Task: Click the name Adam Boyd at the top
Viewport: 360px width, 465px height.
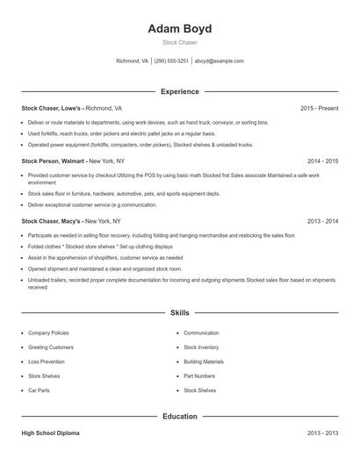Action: [179, 28]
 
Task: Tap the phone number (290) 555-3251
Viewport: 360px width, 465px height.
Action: [171, 61]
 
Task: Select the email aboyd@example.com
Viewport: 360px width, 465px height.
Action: [219, 61]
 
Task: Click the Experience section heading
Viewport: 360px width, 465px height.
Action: [179, 91]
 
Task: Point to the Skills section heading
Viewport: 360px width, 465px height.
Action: [179, 312]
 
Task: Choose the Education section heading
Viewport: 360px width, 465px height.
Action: [179, 416]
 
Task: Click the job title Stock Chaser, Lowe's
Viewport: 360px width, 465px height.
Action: [52, 108]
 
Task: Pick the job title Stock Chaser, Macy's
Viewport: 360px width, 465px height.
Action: [52, 222]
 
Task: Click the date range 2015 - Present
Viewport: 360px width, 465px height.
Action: [319, 108]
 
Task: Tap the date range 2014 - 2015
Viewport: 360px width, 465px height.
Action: [322, 161]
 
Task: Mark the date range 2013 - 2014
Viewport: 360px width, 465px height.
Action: [322, 222]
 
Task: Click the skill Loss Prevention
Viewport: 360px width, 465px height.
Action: [47, 361]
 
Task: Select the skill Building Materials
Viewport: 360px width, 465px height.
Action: [204, 361]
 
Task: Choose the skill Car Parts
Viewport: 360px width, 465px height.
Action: [39, 390]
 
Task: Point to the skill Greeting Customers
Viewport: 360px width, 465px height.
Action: [51, 347]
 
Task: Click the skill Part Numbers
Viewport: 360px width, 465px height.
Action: [199, 376]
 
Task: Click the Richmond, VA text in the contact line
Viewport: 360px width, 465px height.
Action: [133, 61]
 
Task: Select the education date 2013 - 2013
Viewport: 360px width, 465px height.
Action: [322, 433]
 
